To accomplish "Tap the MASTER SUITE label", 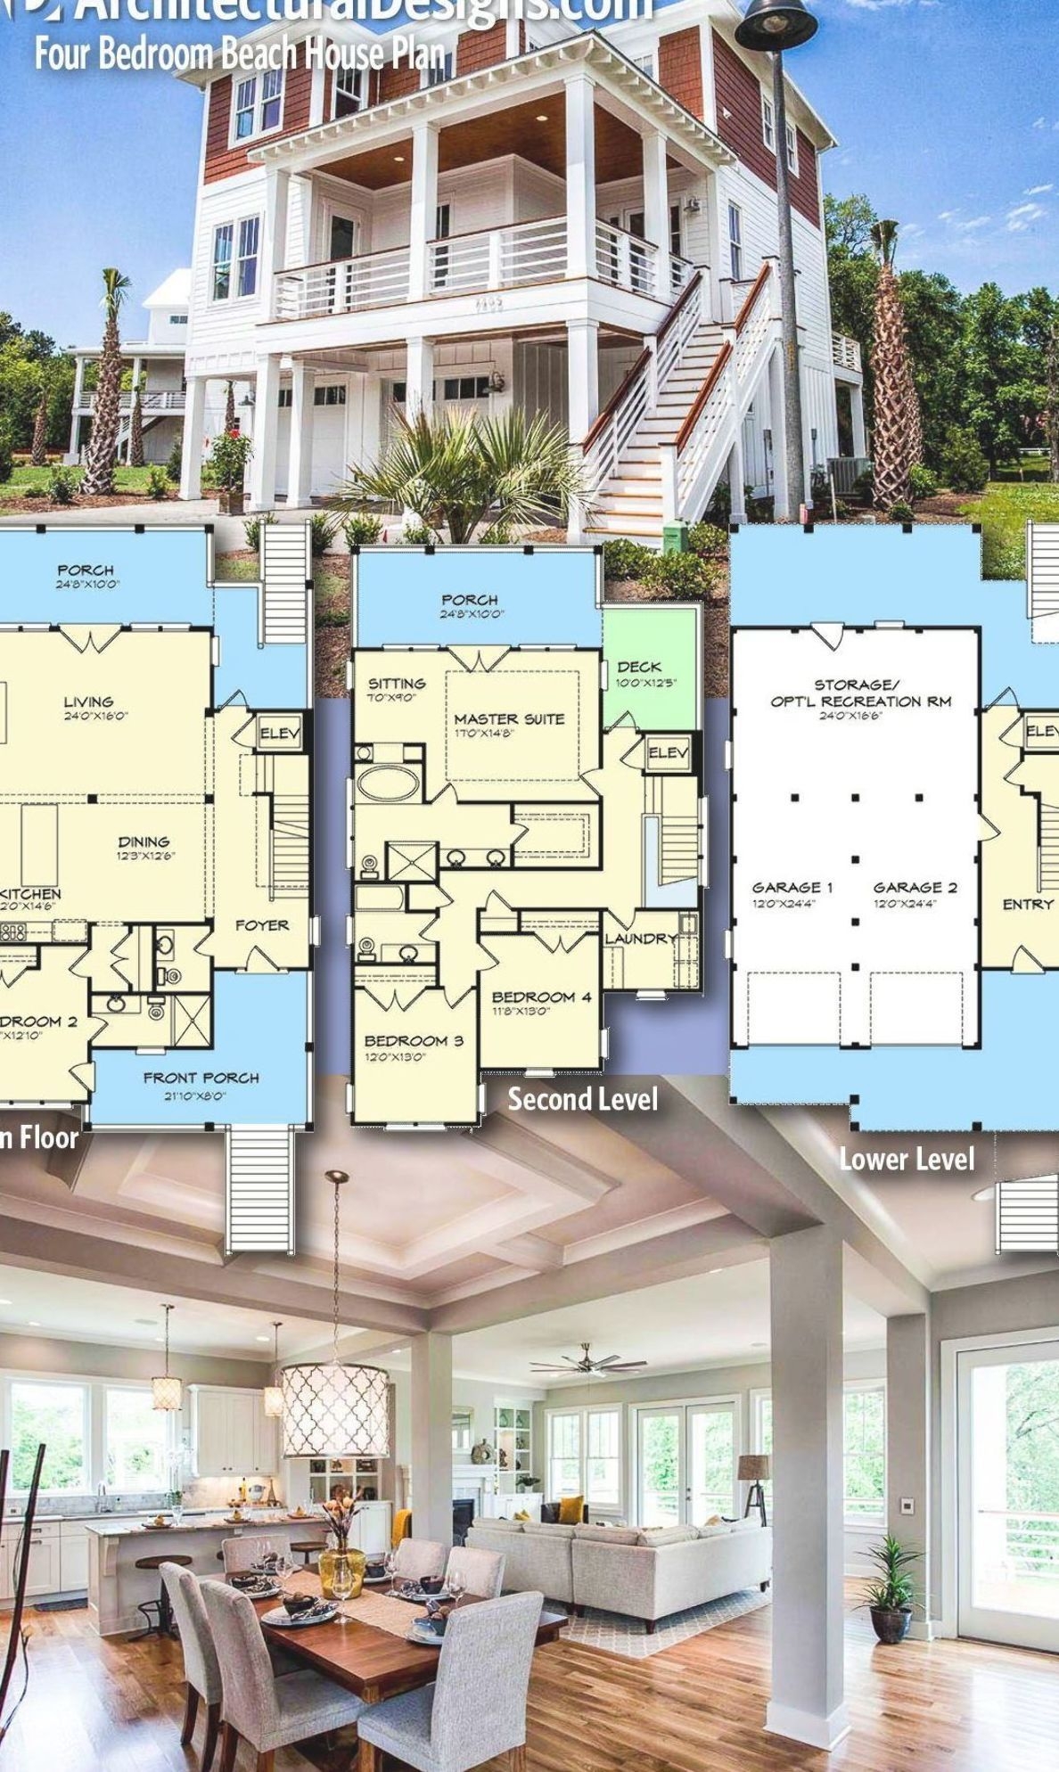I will pos(509,718).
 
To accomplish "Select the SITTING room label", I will pos(398,684).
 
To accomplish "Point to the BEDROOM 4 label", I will pos(541,997).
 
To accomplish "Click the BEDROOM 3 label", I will pos(414,1040).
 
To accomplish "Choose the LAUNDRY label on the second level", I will pos(641,939).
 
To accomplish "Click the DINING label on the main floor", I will pos(144,841).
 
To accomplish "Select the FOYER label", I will pos(262,925).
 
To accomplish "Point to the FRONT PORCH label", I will pos(201,1078).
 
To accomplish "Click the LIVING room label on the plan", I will pos(88,701).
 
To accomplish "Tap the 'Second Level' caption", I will pos(583,1099).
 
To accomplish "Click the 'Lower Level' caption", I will pos(907,1159).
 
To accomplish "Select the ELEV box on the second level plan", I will pos(668,753).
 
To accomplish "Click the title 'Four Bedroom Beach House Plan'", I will pos(240,54).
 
